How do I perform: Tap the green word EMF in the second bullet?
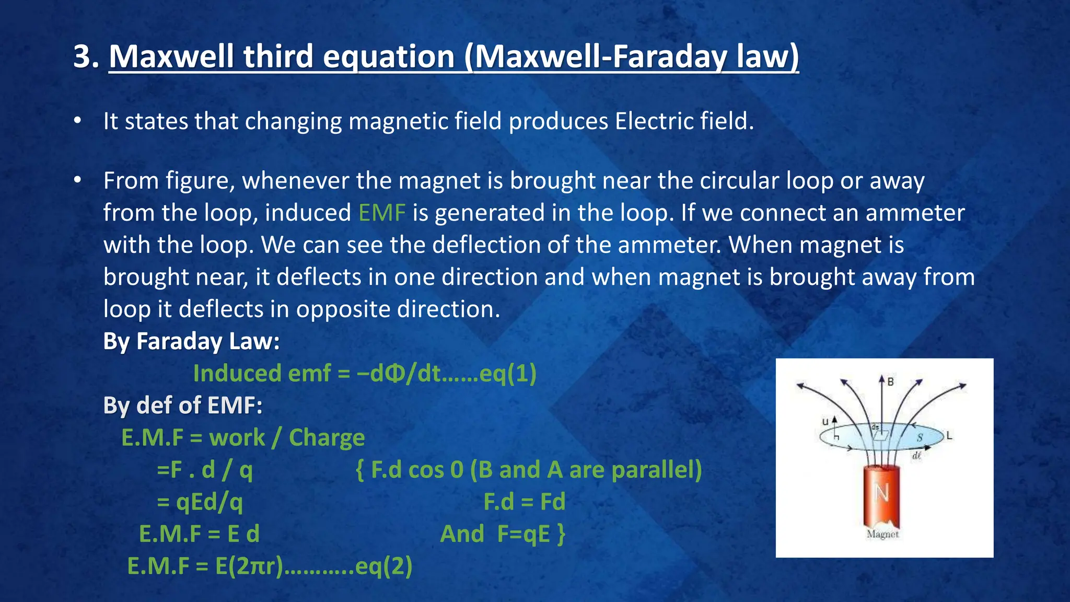(382, 213)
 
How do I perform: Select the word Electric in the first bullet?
(654, 121)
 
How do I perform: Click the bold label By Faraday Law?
(191, 341)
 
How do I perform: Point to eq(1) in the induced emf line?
(507, 374)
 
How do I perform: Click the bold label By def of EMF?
(182, 406)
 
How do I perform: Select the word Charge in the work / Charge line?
(327, 438)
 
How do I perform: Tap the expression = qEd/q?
(200, 502)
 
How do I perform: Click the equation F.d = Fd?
(524, 502)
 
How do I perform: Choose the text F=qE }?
(531, 534)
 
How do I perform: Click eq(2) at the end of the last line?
(383, 566)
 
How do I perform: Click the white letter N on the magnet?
(881, 493)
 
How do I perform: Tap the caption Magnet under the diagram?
(882, 535)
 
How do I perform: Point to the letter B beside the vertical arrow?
(890, 382)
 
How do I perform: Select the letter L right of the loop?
(949, 435)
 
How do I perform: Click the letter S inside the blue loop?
(920, 437)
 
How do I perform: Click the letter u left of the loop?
(825, 422)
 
